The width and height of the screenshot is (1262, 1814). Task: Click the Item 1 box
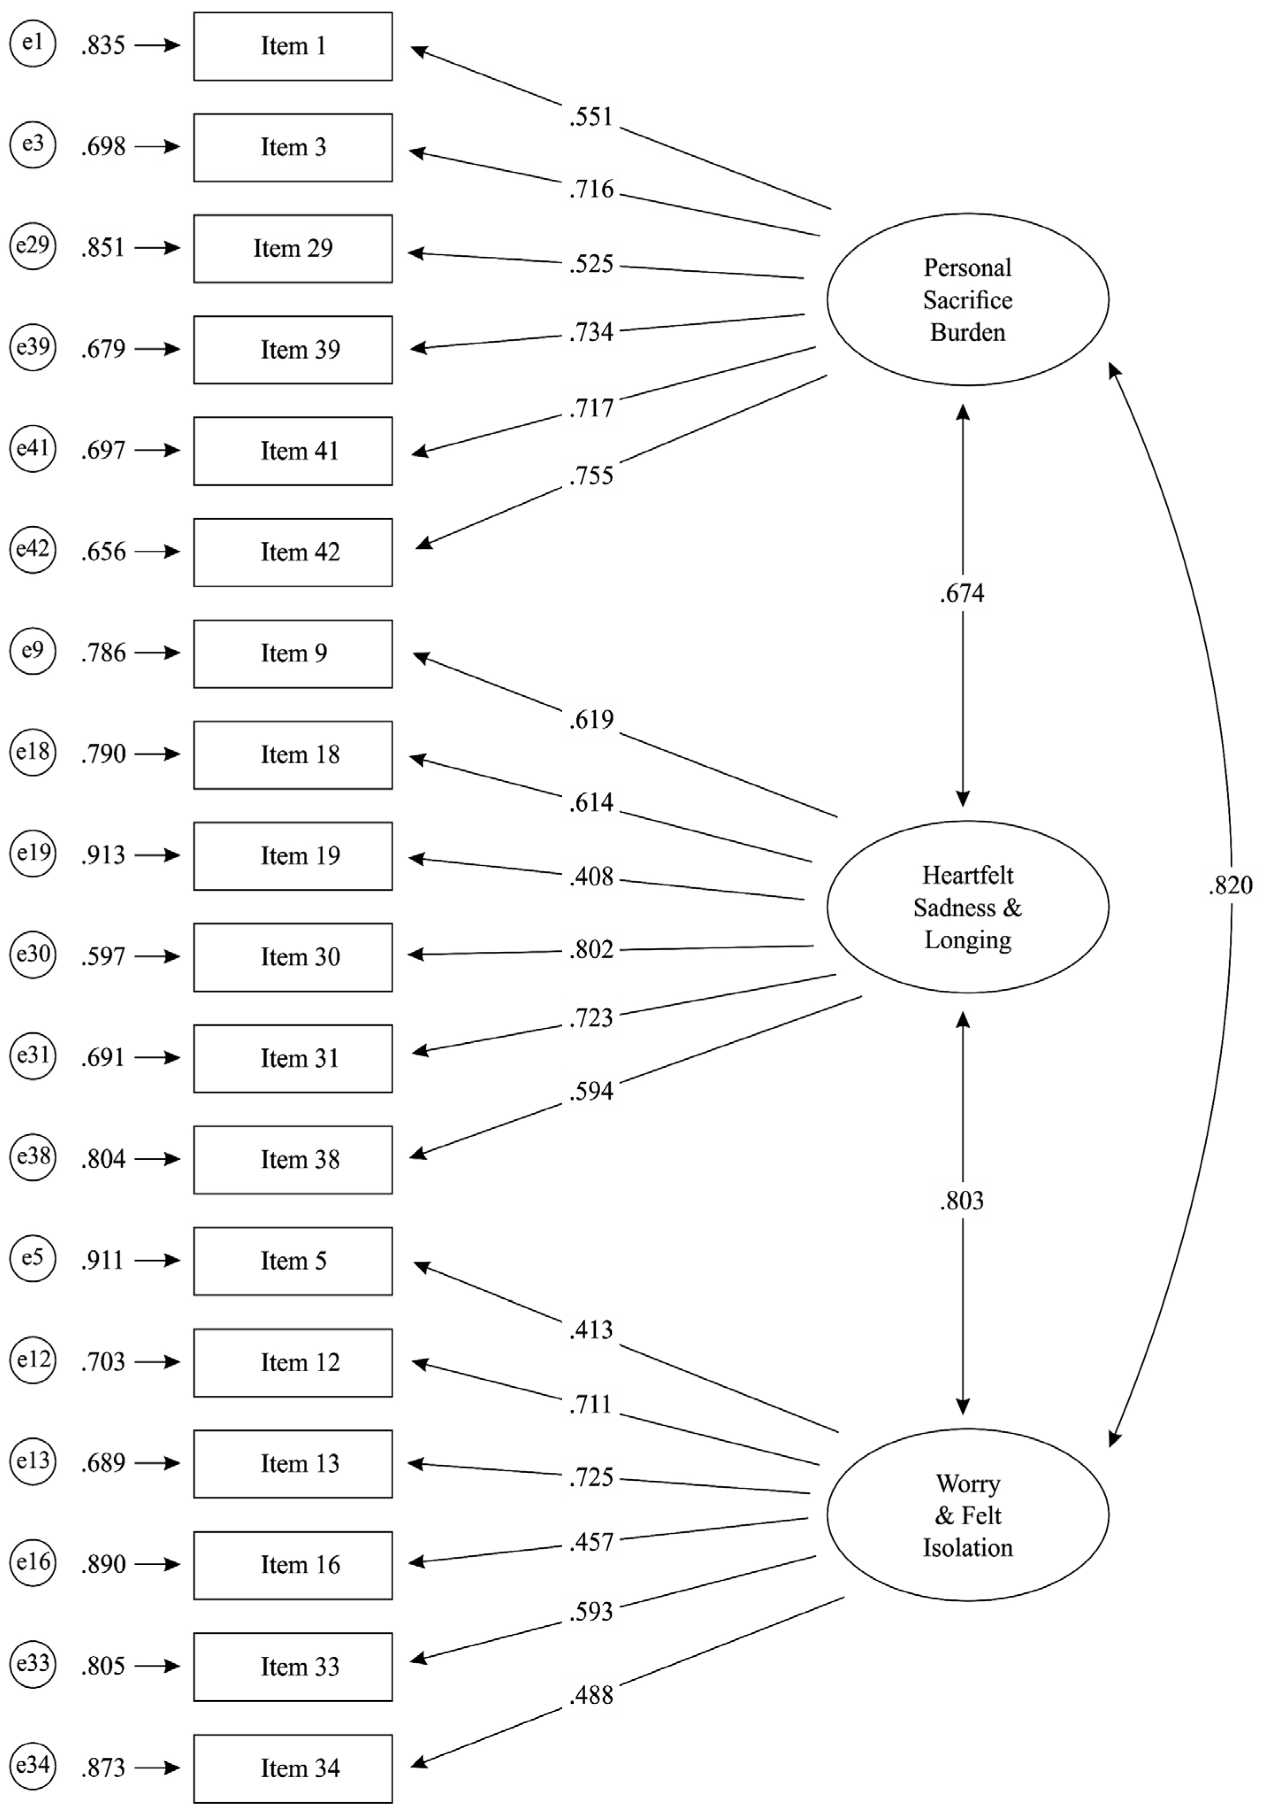coord(293,46)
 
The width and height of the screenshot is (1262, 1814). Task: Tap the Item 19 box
coord(293,856)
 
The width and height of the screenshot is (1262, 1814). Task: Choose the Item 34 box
coord(293,1768)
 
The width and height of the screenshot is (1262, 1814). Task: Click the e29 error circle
coord(32,247)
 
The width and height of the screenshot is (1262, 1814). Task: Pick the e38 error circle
coord(32,1158)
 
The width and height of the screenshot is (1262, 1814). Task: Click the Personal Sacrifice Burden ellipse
coord(967,299)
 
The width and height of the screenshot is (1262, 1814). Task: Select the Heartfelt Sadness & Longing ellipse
coord(967,907)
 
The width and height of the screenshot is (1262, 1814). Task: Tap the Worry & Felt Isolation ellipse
coord(967,1515)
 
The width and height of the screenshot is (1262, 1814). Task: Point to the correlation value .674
coord(962,593)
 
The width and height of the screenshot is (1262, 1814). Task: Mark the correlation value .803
coord(962,1201)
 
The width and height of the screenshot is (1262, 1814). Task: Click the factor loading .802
coord(591,949)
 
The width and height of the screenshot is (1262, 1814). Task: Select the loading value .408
coord(591,876)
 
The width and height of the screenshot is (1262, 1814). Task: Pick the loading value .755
coord(591,475)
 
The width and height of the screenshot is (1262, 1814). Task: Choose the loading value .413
coord(591,1330)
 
